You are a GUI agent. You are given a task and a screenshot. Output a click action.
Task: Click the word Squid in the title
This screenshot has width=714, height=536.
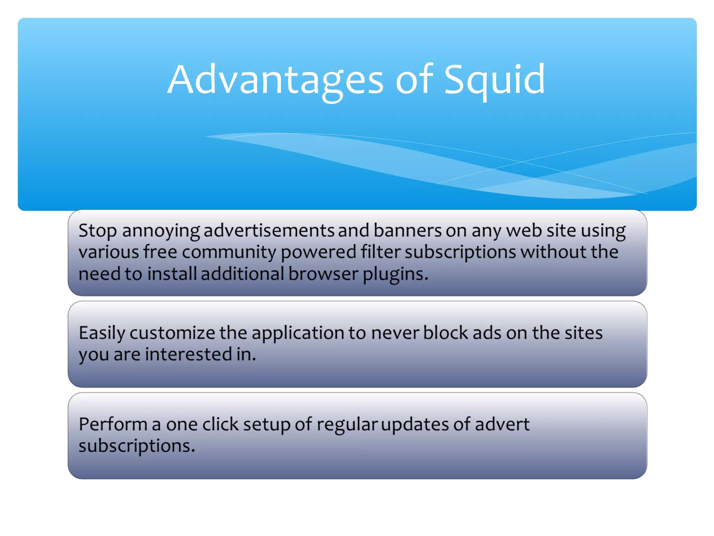tap(494, 80)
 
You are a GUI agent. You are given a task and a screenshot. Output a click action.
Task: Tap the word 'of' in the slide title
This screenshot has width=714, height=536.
tap(414, 80)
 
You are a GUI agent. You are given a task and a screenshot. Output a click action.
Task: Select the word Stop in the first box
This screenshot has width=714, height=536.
tap(97, 231)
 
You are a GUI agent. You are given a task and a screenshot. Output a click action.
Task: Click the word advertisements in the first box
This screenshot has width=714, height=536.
tap(269, 231)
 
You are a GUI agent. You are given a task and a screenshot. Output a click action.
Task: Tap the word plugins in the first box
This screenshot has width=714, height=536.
tap(395, 274)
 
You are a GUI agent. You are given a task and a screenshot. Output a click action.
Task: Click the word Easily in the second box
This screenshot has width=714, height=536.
tap(102, 333)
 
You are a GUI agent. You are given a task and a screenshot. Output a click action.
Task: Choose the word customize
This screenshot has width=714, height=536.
tap(172, 333)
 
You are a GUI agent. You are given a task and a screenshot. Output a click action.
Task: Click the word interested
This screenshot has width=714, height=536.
tap(189, 355)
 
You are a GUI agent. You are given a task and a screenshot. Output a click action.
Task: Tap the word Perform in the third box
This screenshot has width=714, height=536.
tap(113, 425)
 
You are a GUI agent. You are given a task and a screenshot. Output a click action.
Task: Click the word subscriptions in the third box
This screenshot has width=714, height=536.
tap(136, 446)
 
